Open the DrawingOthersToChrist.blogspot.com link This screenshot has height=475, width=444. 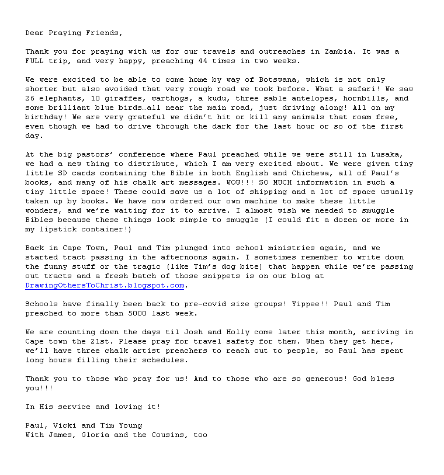click(105, 285)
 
